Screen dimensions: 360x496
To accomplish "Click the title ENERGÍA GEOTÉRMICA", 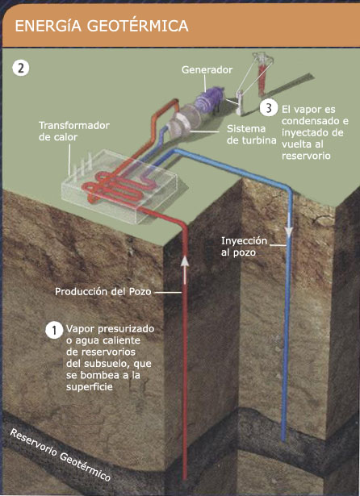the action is pos(102,27).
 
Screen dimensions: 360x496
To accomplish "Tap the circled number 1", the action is pos(54,331).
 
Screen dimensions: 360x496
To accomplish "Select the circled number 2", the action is pos(21,69).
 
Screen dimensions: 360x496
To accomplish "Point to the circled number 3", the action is pos(269,108).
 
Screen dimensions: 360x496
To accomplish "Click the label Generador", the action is pos(207,70).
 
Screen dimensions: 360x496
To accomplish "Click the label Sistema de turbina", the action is pos(251,135).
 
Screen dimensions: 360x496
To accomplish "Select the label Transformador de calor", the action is pos(74,131).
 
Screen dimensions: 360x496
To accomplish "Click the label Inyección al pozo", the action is pos(244,247).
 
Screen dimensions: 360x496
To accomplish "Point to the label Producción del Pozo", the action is pos(103,291).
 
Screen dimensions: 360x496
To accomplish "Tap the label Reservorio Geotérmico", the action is pos(61,455).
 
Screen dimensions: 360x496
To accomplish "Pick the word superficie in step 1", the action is pos(90,387).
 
